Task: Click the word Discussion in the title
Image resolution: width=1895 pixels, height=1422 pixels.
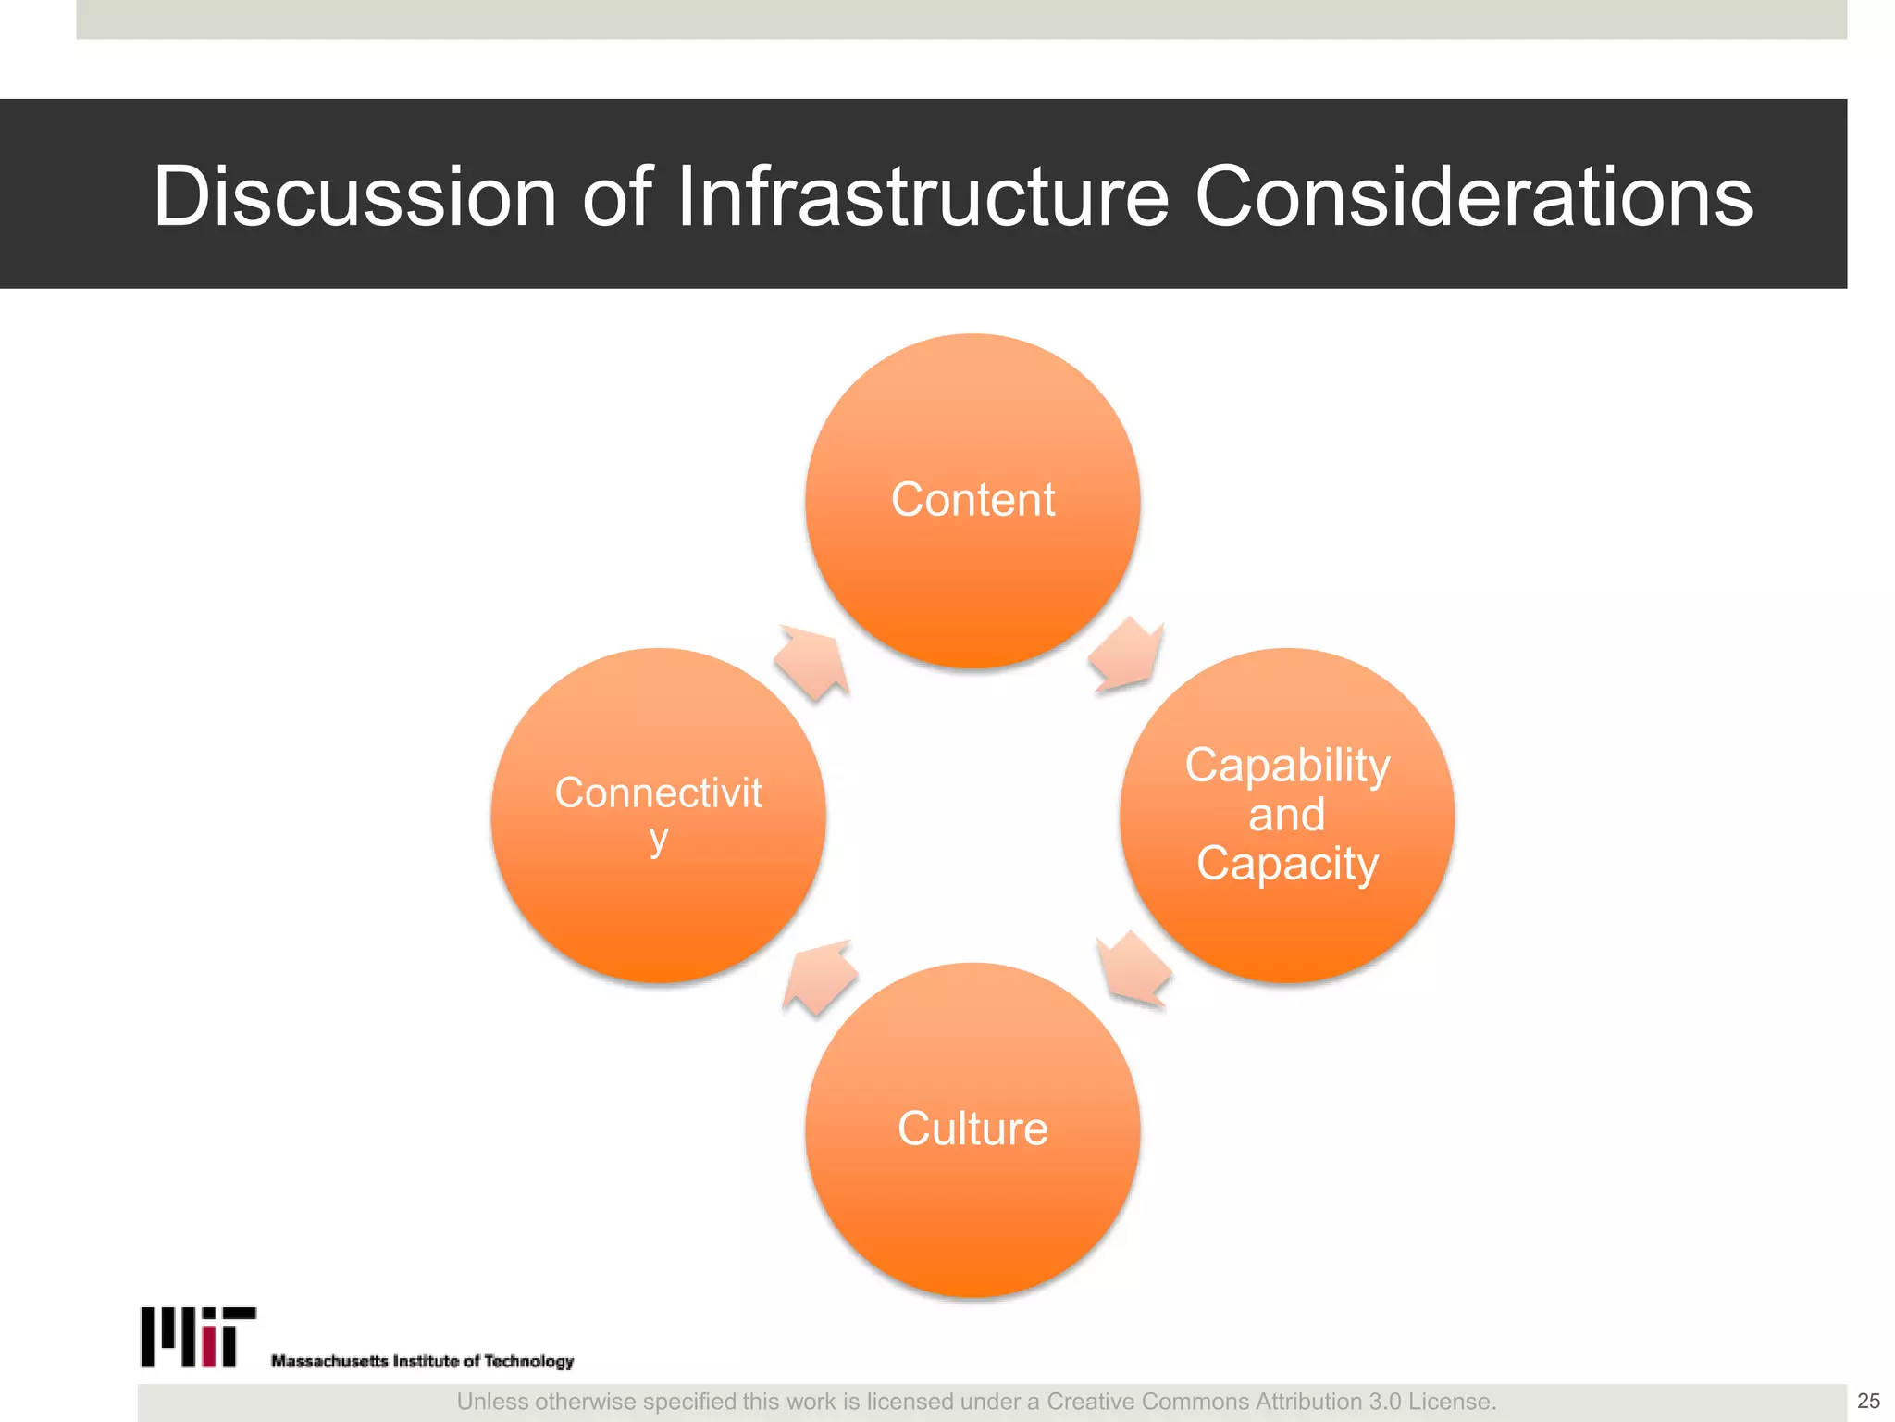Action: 354,196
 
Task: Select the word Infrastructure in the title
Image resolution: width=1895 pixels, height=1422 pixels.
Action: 923,196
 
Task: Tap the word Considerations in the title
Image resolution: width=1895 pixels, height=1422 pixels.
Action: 1473,196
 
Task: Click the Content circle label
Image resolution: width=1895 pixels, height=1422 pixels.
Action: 972,500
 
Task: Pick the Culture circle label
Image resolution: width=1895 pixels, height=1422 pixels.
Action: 972,1129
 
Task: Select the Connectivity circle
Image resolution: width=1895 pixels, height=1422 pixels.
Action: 658,815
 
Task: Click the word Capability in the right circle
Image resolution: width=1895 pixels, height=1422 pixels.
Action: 1287,766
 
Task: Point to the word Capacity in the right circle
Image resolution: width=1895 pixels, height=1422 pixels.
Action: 1287,864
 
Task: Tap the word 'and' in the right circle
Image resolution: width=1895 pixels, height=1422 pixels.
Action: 1287,815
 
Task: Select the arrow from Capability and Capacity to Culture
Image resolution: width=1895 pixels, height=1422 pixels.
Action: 1134,969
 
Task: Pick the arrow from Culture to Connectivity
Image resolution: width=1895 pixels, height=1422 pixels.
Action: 818,977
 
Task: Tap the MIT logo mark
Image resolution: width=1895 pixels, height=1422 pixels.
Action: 198,1337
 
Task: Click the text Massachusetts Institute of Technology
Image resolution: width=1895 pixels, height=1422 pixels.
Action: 422,1361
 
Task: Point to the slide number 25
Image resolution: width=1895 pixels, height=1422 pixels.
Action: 1868,1401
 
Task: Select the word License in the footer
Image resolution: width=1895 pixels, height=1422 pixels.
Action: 1451,1402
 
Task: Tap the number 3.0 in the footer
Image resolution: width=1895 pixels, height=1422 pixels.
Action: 1384,1402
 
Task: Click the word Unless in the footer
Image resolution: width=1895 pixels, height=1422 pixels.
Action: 491,1402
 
